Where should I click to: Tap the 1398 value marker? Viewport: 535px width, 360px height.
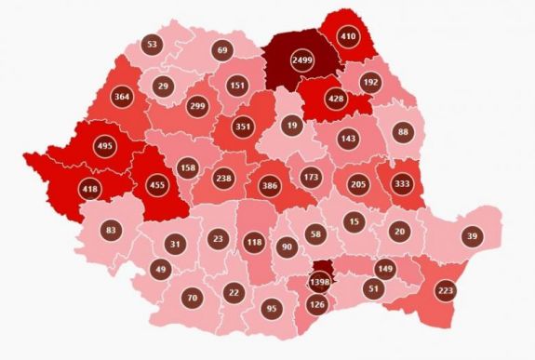click(x=319, y=281)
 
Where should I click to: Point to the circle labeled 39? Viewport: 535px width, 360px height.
click(x=472, y=237)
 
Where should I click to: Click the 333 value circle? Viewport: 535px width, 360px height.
click(x=403, y=183)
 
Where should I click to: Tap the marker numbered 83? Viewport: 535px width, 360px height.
click(x=111, y=229)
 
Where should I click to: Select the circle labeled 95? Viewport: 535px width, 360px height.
click(x=272, y=309)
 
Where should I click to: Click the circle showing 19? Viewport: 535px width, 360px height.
click(x=292, y=124)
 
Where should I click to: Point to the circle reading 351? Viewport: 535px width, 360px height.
click(x=244, y=128)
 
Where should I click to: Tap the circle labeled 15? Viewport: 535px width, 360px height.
click(x=353, y=221)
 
